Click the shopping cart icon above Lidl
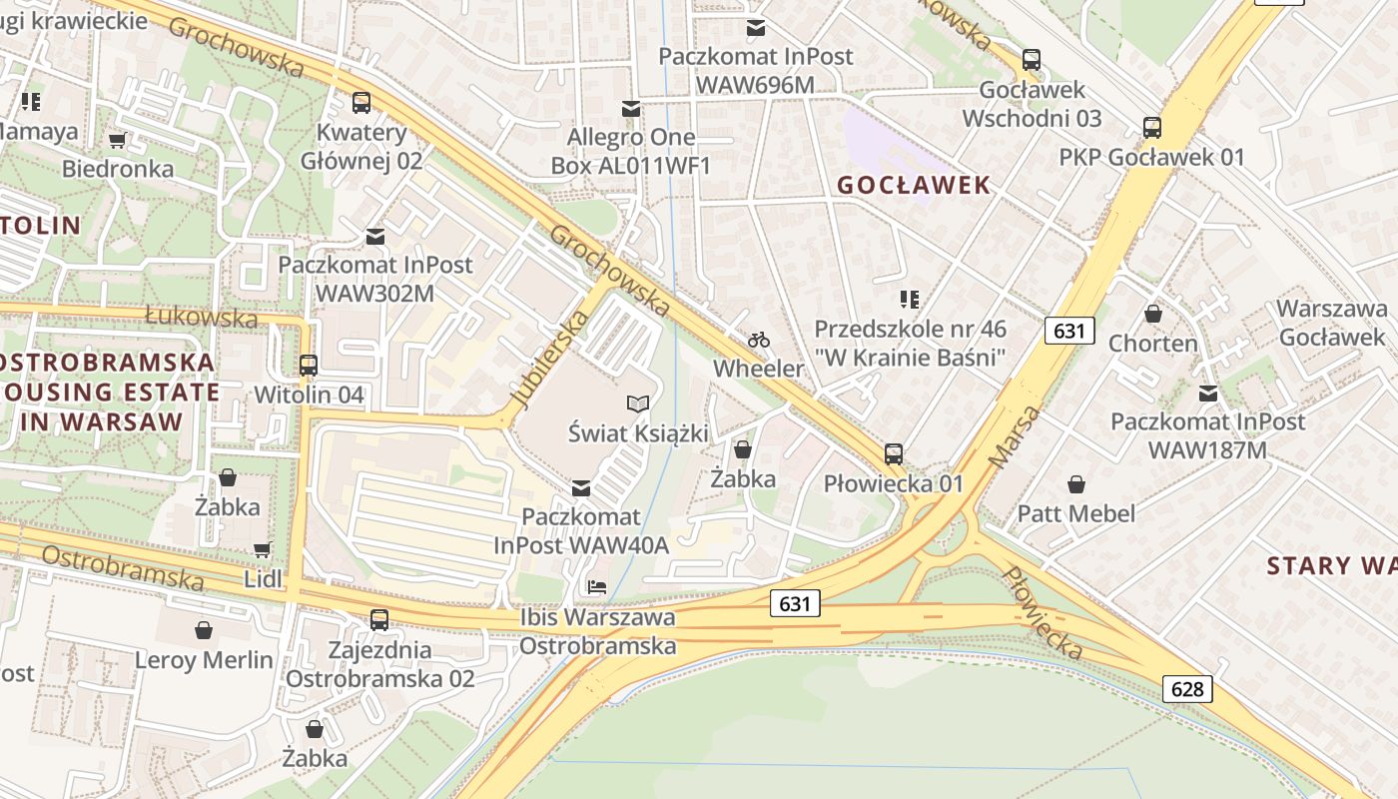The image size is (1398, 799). [262, 548]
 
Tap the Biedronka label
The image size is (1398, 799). [118, 168]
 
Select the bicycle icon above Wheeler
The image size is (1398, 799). [759, 340]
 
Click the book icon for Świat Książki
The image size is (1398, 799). [638, 403]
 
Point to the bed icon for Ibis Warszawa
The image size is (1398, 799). [597, 586]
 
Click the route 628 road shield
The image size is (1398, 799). [1187, 688]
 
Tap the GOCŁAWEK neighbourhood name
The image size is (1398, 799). [914, 185]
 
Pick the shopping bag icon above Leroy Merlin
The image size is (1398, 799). [204, 630]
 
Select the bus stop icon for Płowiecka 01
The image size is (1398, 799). [894, 454]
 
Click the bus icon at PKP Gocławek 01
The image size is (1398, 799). [1152, 127]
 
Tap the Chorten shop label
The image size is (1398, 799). [1153, 343]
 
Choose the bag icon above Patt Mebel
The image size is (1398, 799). [1076, 484]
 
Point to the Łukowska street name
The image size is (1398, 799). [202, 318]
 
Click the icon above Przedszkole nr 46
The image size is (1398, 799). [909, 299]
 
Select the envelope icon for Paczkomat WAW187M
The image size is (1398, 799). [1208, 393]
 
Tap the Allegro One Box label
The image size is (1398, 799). [630, 151]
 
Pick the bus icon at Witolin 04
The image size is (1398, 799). [309, 365]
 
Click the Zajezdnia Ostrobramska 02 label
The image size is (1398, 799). [379, 664]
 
